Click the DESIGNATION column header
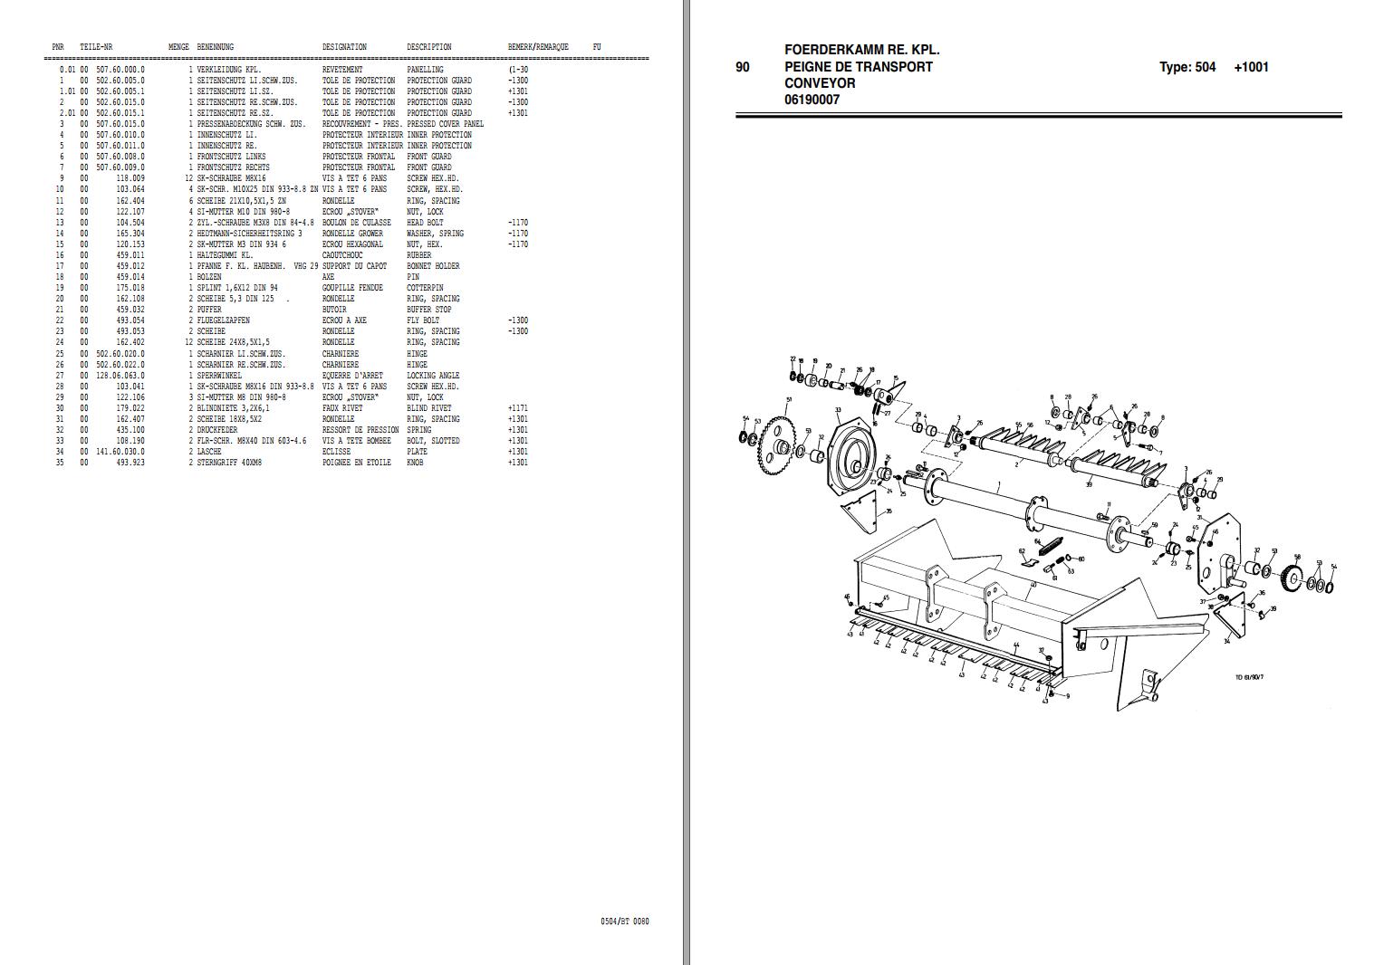(x=344, y=47)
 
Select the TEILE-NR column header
(x=96, y=47)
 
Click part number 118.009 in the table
(x=130, y=178)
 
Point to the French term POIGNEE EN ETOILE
(x=357, y=463)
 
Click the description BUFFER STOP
(x=428, y=310)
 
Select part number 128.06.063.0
(x=120, y=376)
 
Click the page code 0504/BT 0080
(x=624, y=922)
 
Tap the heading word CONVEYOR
(x=820, y=83)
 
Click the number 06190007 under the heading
(x=812, y=100)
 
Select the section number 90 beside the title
(x=743, y=67)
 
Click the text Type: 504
(x=1187, y=67)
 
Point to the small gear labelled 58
(x=1295, y=578)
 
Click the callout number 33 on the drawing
(x=838, y=411)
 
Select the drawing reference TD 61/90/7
(x=1250, y=676)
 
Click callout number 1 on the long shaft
(x=998, y=486)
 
